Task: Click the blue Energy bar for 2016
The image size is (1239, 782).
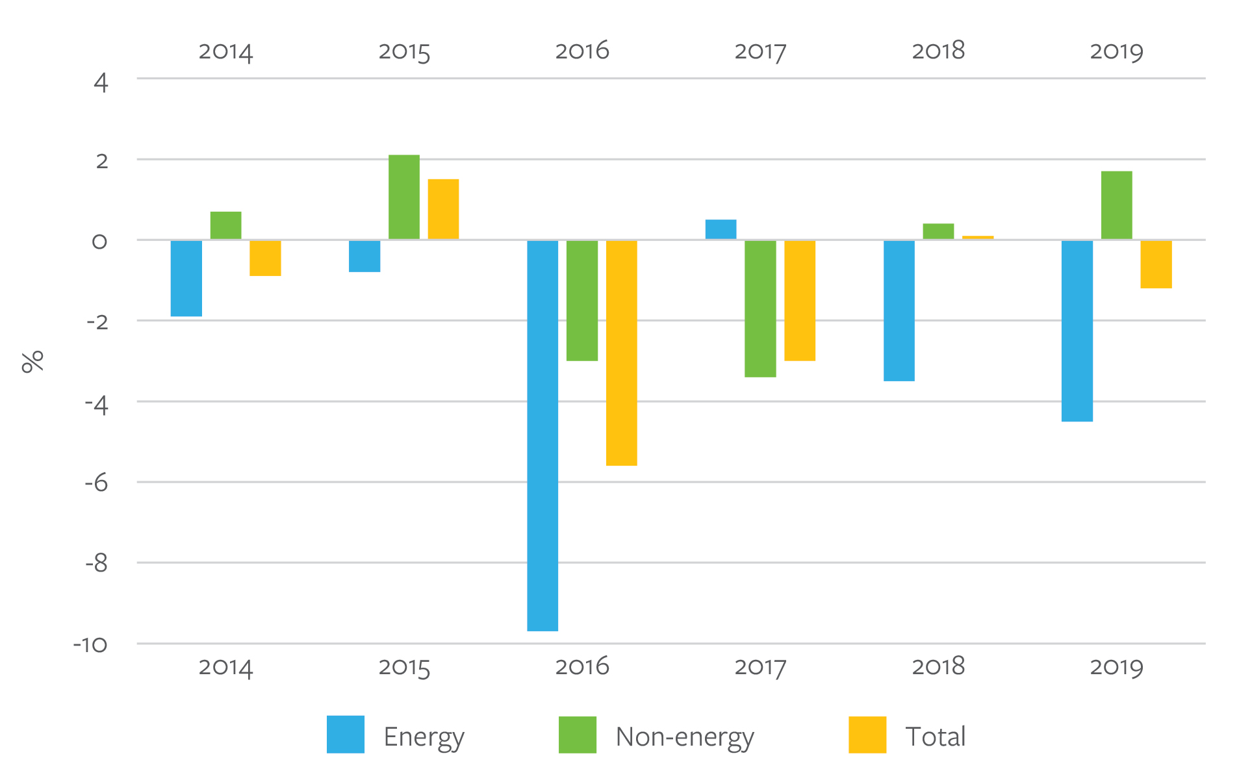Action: click(x=542, y=435)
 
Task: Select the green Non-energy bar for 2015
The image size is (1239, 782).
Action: click(x=403, y=197)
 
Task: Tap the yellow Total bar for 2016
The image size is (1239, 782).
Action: click(x=621, y=353)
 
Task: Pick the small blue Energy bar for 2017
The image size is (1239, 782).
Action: click(x=721, y=229)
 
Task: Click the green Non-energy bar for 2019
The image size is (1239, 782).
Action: click(x=1116, y=205)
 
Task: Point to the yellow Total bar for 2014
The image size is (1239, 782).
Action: click(x=265, y=258)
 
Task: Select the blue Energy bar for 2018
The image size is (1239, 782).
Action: click(x=899, y=310)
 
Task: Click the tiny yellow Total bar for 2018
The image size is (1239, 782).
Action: click(x=977, y=238)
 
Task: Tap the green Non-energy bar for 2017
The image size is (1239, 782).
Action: click(x=760, y=309)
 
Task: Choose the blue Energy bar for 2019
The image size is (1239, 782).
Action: click(x=1077, y=331)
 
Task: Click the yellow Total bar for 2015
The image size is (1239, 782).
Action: click(x=443, y=209)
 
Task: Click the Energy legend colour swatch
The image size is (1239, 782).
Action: click(x=345, y=735)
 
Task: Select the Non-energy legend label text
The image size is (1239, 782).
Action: click(x=684, y=737)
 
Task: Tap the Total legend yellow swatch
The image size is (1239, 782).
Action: click(x=867, y=735)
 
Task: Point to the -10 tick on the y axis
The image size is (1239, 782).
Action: click(x=90, y=645)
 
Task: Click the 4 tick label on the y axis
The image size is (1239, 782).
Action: click(x=101, y=82)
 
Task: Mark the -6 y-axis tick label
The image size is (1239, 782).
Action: click(x=96, y=483)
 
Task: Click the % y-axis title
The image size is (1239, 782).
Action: click(x=32, y=361)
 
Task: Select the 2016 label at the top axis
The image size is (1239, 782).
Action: click(x=581, y=51)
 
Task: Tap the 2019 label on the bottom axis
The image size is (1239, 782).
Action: click(x=1116, y=667)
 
